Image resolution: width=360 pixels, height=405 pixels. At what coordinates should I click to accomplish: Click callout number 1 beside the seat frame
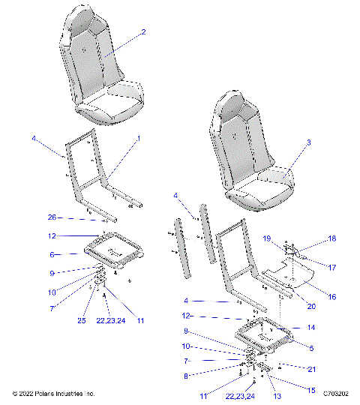[x=139, y=139]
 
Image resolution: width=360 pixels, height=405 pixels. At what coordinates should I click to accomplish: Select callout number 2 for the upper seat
[x=143, y=32]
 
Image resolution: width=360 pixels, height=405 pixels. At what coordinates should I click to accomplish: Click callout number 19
[x=266, y=238]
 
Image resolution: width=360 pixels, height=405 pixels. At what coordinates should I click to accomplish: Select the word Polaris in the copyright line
[x=47, y=393]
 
